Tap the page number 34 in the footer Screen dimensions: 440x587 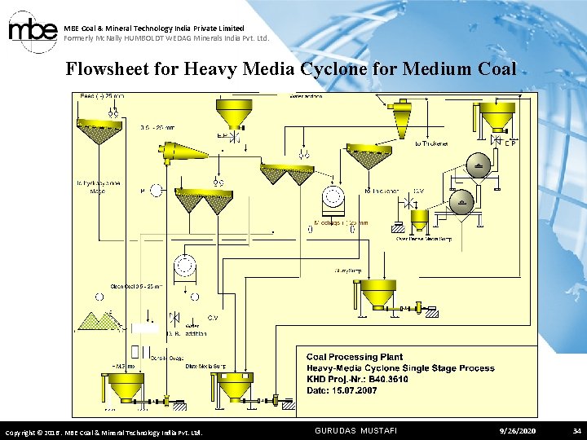[576, 429]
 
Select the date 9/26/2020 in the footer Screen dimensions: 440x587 [519, 429]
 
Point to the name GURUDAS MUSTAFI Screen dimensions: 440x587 [355, 429]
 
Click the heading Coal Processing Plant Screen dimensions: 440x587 [355, 357]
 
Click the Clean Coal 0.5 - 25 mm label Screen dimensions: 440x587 [135, 286]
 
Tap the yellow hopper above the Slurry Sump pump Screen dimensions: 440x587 [377, 293]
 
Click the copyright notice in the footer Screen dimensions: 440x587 [104, 431]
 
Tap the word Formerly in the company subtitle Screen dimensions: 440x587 [79, 38]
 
